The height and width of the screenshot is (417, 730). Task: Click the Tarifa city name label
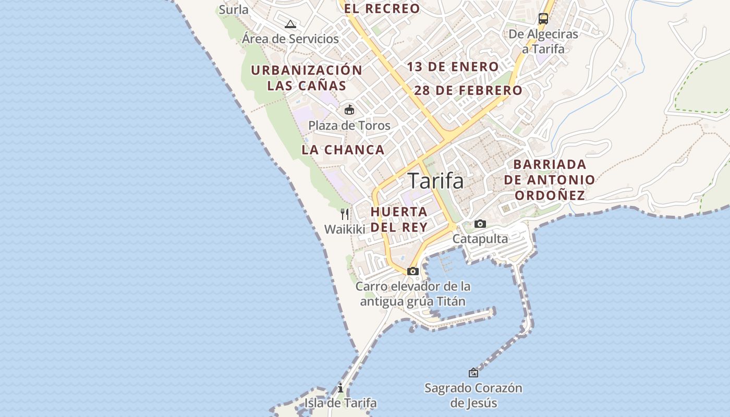[436, 181]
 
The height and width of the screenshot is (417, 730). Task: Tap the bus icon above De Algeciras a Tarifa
[543, 19]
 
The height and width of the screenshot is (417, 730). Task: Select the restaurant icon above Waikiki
[345, 214]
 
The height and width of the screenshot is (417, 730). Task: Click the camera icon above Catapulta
[480, 224]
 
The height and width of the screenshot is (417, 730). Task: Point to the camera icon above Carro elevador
[413, 271]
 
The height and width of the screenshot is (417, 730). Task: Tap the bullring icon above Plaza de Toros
[349, 110]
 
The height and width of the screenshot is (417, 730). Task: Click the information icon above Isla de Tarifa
[340, 388]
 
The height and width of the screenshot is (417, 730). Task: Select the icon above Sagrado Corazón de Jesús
[473, 373]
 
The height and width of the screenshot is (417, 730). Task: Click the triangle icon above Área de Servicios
[290, 24]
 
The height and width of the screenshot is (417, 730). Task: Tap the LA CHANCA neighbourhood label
[343, 150]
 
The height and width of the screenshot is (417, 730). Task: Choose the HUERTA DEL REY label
[399, 219]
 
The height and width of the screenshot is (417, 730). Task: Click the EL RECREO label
[382, 8]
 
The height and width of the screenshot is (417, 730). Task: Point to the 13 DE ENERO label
[453, 67]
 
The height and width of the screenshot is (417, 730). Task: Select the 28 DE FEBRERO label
[468, 90]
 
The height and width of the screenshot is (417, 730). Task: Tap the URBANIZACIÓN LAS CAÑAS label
[307, 78]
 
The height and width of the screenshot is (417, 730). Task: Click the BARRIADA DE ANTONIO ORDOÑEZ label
[554, 180]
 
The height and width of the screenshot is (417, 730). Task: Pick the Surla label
[234, 9]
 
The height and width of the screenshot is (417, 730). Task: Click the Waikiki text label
[345, 229]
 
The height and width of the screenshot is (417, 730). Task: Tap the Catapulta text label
[480, 239]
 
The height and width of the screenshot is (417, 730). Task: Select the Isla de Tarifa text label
[340, 403]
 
